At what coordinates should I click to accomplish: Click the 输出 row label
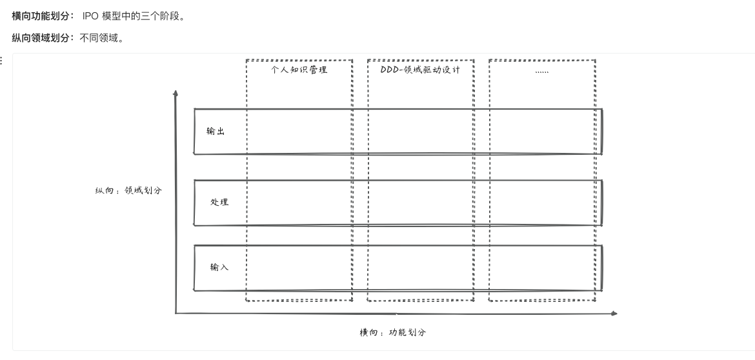click(x=216, y=132)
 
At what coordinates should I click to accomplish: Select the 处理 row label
click(x=219, y=202)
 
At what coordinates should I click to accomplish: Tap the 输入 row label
click(x=219, y=267)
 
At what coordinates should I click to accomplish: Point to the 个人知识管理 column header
click(x=299, y=70)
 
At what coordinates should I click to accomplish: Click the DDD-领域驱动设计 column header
click(x=420, y=70)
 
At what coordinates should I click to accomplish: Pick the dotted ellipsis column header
click(x=542, y=70)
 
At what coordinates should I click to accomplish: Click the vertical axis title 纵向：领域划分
click(x=128, y=191)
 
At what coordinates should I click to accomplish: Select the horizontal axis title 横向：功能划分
click(x=393, y=332)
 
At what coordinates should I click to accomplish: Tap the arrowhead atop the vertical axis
click(x=176, y=93)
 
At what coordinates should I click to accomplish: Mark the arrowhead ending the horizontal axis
click(x=614, y=314)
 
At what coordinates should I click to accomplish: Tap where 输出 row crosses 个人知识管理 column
click(x=299, y=132)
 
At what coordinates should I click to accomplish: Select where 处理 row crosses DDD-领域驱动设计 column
click(x=420, y=203)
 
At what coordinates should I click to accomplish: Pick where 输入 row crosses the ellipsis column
click(x=542, y=268)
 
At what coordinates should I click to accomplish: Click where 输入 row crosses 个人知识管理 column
click(x=299, y=268)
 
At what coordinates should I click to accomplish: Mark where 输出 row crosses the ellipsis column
click(x=542, y=132)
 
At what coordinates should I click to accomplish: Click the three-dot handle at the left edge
click(x=1, y=61)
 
